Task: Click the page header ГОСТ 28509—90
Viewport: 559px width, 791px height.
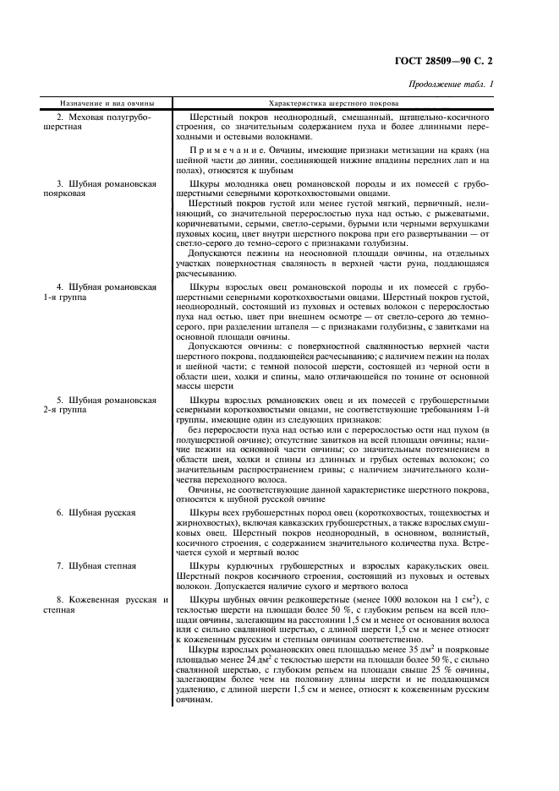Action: click(x=454, y=62)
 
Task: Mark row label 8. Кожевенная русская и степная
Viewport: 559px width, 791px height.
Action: click(x=102, y=605)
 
